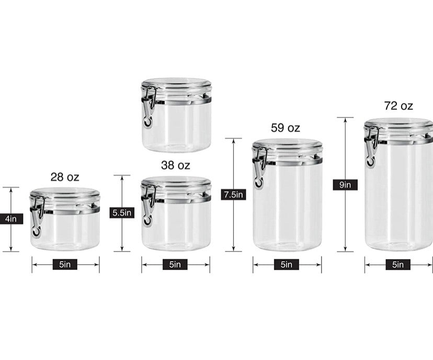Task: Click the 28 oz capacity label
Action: click(x=65, y=177)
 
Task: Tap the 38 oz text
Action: click(x=175, y=165)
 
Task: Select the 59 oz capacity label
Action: click(x=286, y=128)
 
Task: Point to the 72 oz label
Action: click(x=398, y=106)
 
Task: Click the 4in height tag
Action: click(x=11, y=219)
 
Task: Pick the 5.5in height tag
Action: click(x=122, y=212)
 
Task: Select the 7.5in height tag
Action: click(x=233, y=195)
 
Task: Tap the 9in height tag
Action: click(x=345, y=184)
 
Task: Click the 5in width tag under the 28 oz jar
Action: click(x=65, y=265)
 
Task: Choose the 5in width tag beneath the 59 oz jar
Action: click(x=287, y=265)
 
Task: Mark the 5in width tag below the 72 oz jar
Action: click(x=398, y=265)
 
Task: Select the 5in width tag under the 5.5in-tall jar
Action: click(x=175, y=265)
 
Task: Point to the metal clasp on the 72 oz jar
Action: click(x=371, y=147)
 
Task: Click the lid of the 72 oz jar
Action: click(x=398, y=125)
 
